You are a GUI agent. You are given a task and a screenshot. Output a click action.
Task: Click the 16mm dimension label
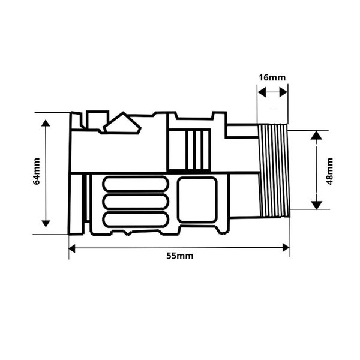click(272, 77)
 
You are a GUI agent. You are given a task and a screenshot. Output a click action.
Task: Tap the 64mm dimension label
click(37, 171)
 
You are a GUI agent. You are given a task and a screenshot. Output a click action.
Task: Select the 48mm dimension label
click(329, 171)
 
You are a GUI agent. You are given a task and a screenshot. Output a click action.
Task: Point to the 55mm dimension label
click(180, 256)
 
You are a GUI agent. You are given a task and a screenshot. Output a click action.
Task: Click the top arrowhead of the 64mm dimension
click(46, 123)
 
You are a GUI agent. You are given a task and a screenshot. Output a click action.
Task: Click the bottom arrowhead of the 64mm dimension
click(46, 223)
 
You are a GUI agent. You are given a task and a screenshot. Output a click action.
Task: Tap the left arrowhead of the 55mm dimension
click(72, 248)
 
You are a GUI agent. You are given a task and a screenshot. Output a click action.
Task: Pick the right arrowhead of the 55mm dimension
click(286, 248)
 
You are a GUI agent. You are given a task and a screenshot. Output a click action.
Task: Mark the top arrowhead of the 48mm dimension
click(317, 135)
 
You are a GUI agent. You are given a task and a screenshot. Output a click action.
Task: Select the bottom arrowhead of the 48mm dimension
click(317, 205)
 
